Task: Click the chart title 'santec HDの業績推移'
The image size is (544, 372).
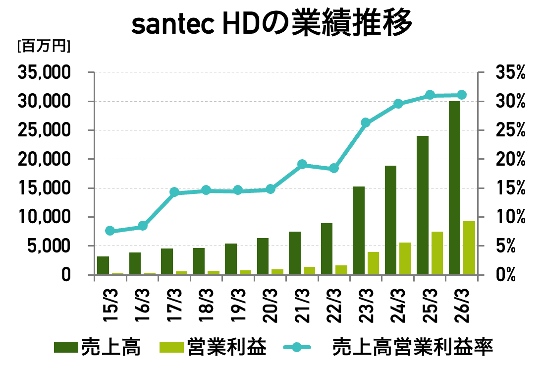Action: (272, 23)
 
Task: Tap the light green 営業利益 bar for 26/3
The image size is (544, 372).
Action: (469, 248)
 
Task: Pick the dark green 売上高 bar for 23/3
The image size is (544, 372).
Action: (359, 230)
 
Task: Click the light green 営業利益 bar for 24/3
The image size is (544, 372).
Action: (405, 258)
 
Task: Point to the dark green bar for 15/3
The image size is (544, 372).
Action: (103, 265)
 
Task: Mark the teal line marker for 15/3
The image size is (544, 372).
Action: (110, 231)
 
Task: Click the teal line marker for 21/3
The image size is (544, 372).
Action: (302, 165)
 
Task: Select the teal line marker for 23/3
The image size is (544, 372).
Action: (366, 123)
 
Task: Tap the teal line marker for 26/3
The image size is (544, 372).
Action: (461, 95)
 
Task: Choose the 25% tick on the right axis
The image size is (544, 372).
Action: (509, 130)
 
